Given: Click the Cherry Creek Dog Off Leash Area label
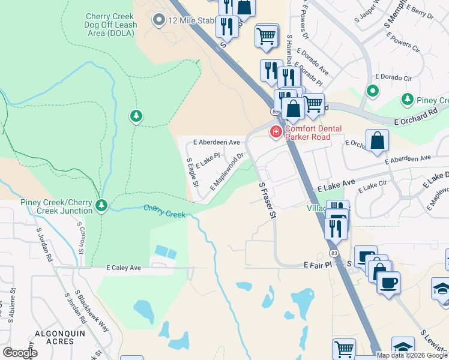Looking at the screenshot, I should click(x=111, y=25).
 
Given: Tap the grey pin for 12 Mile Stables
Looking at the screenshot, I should click(x=159, y=20).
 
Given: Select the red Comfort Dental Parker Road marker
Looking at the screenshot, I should click(x=276, y=131).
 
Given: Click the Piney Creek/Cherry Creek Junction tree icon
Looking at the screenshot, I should click(x=101, y=206).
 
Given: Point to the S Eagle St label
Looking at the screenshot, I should click(x=192, y=172).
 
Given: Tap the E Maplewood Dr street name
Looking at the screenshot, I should click(x=227, y=173).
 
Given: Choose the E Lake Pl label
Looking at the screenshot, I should click(x=208, y=160).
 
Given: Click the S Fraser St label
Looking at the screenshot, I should click(x=267, y=200).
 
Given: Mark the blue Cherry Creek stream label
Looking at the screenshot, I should click(x=164, y=211).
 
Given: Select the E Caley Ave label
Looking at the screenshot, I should click(x=125, y=268).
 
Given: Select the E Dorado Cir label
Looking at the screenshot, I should click(x=393, y=77).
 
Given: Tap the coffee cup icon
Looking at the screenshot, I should click(x=388, y=283).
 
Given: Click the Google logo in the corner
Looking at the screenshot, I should click(x=20, y=353).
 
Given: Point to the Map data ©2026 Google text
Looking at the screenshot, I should click(x=411, y=355).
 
